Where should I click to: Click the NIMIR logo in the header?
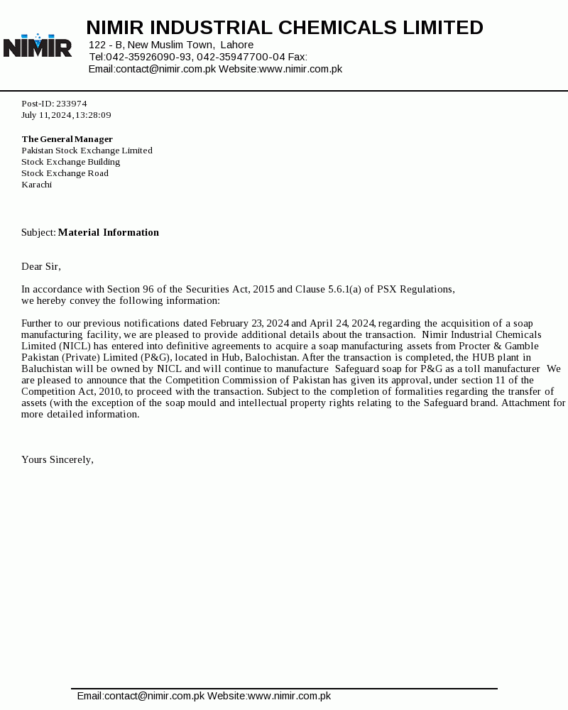click(x=37, y=46)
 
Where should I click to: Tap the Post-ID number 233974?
click(x=71, y=104)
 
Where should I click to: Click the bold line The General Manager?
click(x=67, y=139)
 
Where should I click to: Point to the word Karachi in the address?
click(x=36, y=185)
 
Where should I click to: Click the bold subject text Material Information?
click(x=108, y=232)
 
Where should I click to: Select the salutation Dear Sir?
click(x=40, y=266)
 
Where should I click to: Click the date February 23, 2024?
click(x=249, y=323)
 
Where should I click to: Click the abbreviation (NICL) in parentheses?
click(x=74, y=346)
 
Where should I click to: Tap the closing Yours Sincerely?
click(x=57, y=459)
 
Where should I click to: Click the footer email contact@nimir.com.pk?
click(x=155, y=697)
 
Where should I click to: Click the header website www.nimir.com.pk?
click(x=300, y=69)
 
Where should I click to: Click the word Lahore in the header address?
click(x=237, y=45)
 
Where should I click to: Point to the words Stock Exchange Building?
click(x=70, y=162)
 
